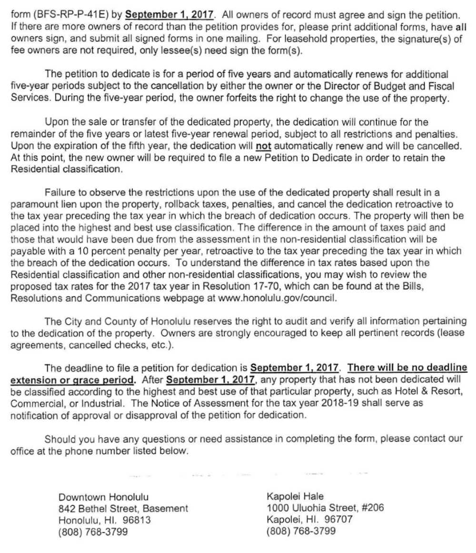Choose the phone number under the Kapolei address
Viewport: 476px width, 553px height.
(x=301, y=530)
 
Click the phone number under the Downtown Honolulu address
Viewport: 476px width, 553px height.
(x=93, y=532)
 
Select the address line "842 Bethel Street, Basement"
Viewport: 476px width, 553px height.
(x=123, y=509)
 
